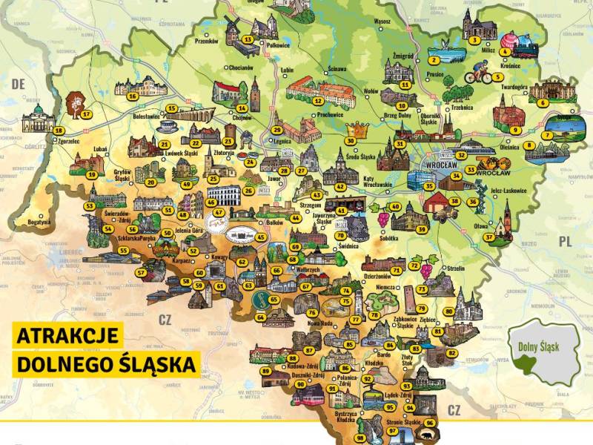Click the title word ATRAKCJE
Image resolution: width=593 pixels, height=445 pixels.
click(x=67, y=336)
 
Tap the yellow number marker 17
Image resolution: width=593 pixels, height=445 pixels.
click(x=87, y=114)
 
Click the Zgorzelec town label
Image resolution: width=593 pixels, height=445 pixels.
click(x=68, y=140)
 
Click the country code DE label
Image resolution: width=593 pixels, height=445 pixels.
click(x=18, y=85)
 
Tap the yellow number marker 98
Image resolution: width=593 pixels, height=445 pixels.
click(x=360, y=438)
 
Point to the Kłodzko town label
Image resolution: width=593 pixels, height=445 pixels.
click(x=374, y=363)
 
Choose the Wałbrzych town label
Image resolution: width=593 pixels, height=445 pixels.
click(x=285, y=270)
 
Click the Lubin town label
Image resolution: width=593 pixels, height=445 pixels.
click(x=288, y=71)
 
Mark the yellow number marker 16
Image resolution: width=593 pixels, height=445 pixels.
click(x=132, y=95)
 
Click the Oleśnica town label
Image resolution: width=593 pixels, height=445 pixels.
click(x=509, y=147)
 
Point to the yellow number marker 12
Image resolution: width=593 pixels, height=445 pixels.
click(x=317, y=101)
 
